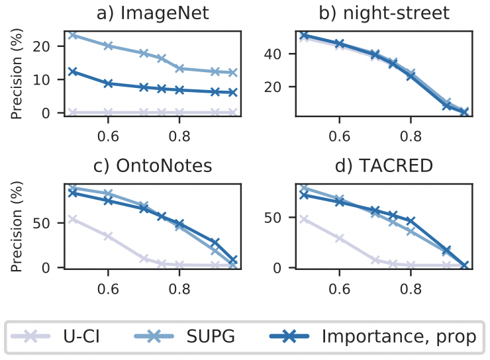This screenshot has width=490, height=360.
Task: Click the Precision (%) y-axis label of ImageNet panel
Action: click(x=18, y=72)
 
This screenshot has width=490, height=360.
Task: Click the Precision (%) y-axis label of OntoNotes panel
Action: click(x=18, y=227)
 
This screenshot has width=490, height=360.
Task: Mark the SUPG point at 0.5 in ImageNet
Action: click(x=73, y=34)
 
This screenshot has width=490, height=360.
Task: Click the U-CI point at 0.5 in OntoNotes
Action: click(x=73, y=218)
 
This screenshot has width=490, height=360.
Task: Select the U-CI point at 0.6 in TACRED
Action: click(x=339, y=238)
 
